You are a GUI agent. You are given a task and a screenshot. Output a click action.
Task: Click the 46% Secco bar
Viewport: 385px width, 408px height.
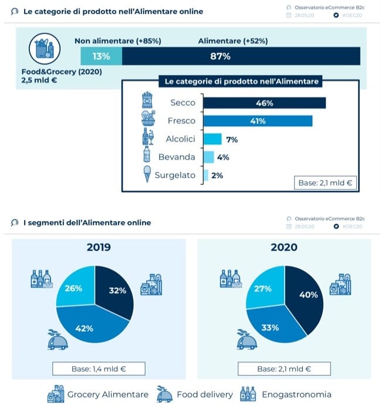click(x=264, y=103)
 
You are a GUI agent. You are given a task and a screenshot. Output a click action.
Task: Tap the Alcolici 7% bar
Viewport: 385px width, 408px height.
click(x=212, y=139)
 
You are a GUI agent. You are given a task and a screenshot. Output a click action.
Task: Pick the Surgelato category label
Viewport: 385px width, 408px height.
click(x=175, y=175)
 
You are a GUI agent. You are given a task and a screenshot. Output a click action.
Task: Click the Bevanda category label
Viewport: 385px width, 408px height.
click(x=177, y=157)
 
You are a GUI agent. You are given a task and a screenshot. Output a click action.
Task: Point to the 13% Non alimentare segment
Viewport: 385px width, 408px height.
click(x=101, y=56)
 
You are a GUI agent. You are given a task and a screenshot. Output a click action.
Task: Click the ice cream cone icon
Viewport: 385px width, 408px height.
click(x=147, y=174)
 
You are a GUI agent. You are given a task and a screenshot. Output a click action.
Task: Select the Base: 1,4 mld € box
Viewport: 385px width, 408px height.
click(x=98, y=369)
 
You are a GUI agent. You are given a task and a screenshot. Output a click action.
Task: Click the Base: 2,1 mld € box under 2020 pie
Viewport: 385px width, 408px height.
click(x=284, y=369)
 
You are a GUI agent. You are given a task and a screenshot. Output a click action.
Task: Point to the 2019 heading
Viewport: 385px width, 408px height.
click(x=98, y=247)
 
